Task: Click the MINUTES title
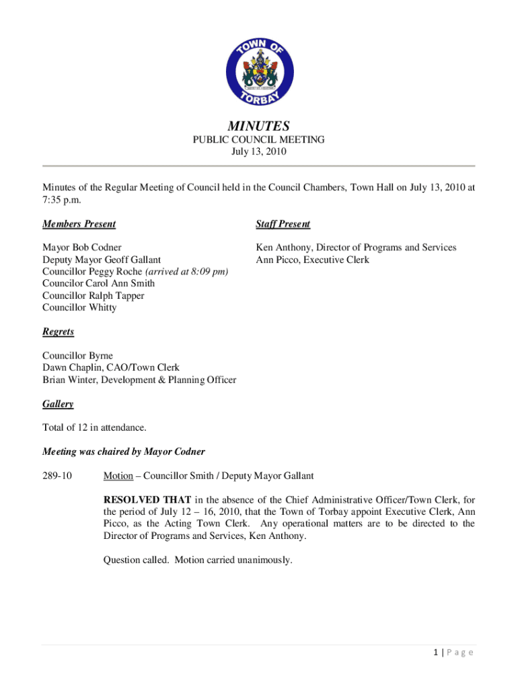[259, 126]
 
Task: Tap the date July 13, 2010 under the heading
[259, 152]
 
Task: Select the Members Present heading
[79, 224]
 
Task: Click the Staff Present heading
[283, 224]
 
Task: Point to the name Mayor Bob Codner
[82, 248]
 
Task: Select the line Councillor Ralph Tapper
[93, 296]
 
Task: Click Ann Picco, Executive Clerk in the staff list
[312, 260]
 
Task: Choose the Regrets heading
[58, 332]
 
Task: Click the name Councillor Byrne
[77, 356]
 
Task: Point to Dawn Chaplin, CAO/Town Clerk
[111, 368]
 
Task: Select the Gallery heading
[58, 404]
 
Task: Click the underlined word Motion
[118, 476]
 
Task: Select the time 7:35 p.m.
[63, 201]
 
